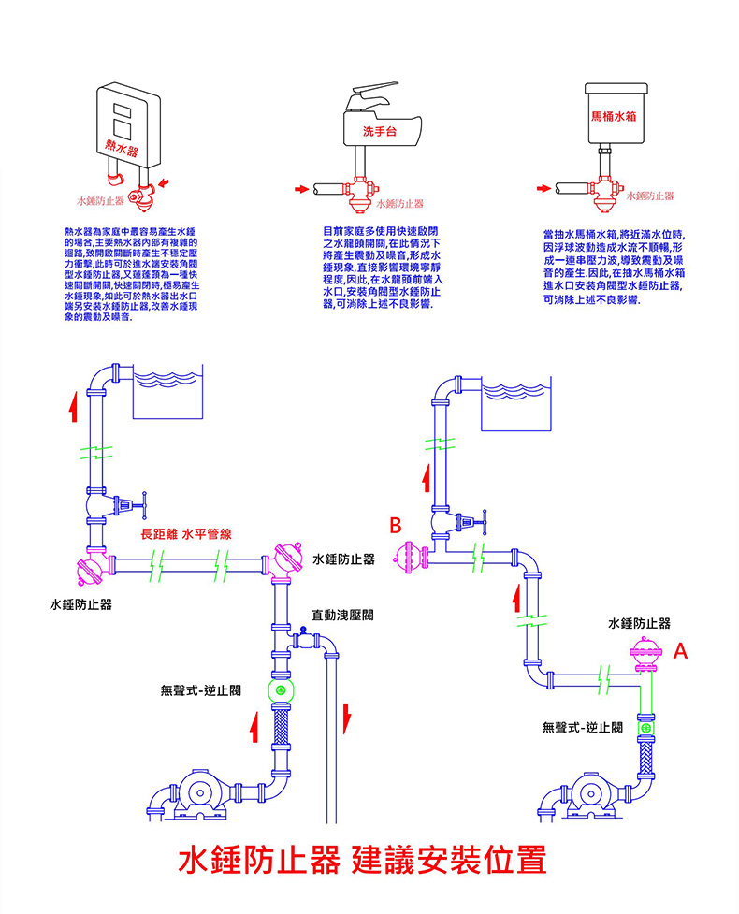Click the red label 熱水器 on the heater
click(122, 147)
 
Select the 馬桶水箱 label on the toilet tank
click(614, 116)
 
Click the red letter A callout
click(681, 649)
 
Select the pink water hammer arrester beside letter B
click(409, 557)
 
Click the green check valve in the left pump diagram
click(279, 690)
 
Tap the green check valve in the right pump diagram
click(645, 726)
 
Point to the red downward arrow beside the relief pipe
click(347, 718)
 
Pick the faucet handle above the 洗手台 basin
click(374, 94)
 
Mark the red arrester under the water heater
click(143, 194)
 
